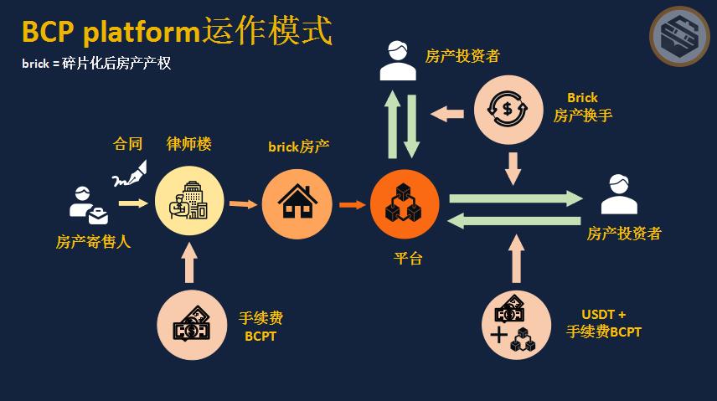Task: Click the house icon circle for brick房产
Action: coord(297,201)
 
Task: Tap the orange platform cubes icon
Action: coord(405,202)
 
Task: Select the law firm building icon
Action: coord(189,200)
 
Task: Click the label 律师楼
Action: coord(188,144)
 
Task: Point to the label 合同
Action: coord(128,144)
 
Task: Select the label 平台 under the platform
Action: coord(408,258)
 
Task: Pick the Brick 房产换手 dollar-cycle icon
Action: coord(508,108)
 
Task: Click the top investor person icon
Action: coord(398,61)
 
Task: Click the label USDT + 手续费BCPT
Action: coord(604,323)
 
